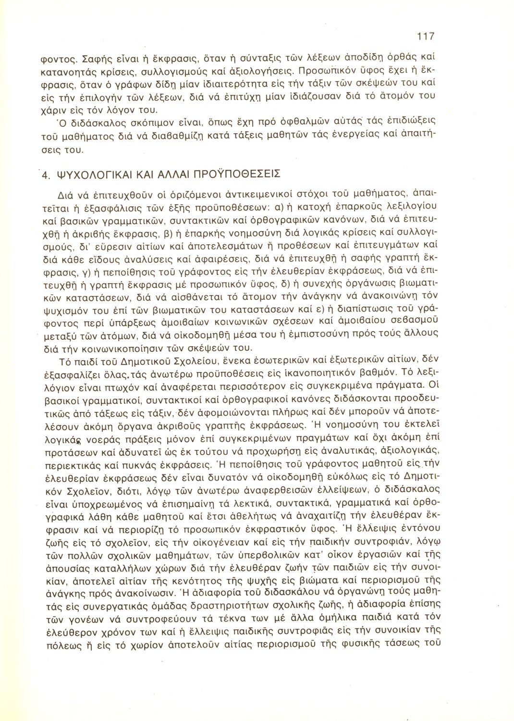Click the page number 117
[x=426, y=37]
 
